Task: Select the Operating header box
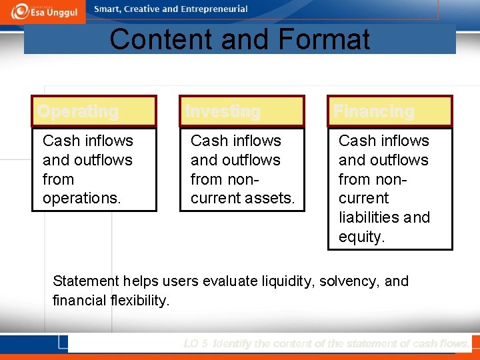pyautogui.click(x=94, y=111)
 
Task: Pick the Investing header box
pyautogui.click(x=242, y=111)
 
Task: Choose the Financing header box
pyautogui.click(x=390, y=111)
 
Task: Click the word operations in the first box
pyautogui.click(x=81, y=198)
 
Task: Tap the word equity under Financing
pyautogui.click(x=361, y=237)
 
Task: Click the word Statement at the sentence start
pyautogui.click(x=85, y=281)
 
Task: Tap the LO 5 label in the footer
pyautogui.click(x=196, y=343)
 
